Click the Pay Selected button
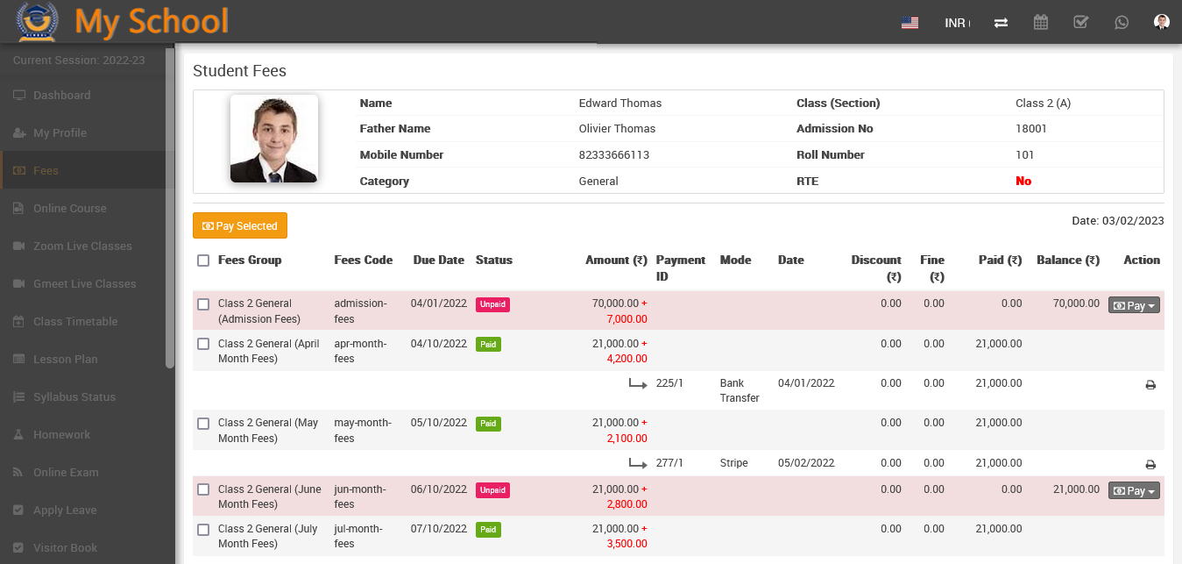tap(240, 225)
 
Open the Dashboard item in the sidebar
tap(61, 95)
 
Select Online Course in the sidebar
tap(69, 208)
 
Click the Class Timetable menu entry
tap(75, 321)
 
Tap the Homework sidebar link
tap(61, 434)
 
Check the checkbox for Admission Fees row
tap(203, 304)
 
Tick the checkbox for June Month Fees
tap(203, 489)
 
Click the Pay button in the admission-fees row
tap(1134, 305)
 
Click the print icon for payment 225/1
tap(1150, 384)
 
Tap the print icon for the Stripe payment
tap(1150, 464)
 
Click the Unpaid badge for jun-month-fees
tap(492, 490)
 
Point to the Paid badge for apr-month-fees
tap(488, 345)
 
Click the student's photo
tap(273, 139)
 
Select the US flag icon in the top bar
tap(910, 23)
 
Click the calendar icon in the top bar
tap(1040, 23)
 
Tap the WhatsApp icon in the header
tap(1122, 23)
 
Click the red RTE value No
tap(1023, 181)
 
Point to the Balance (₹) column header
tap(1067, 260)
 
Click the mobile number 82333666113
tap(614, 154)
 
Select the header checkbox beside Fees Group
tap(203, 261)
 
